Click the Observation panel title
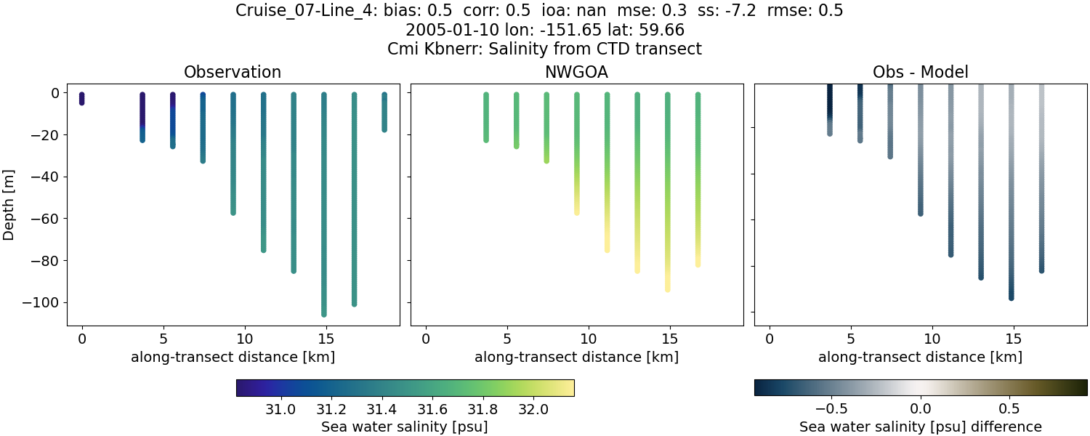pos(233,72)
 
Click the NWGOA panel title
pos(576,72)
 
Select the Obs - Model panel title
pos(920,72)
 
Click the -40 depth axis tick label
pos(46,177)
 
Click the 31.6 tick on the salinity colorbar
pos(433,409)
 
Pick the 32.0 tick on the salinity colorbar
pos(534,409)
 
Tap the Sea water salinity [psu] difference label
pos(920,427)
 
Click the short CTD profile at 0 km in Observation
pos(82,99)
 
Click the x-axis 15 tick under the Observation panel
pos(326,338)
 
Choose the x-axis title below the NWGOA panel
pos(576,357)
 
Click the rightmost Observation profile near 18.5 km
pos(384,112)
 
